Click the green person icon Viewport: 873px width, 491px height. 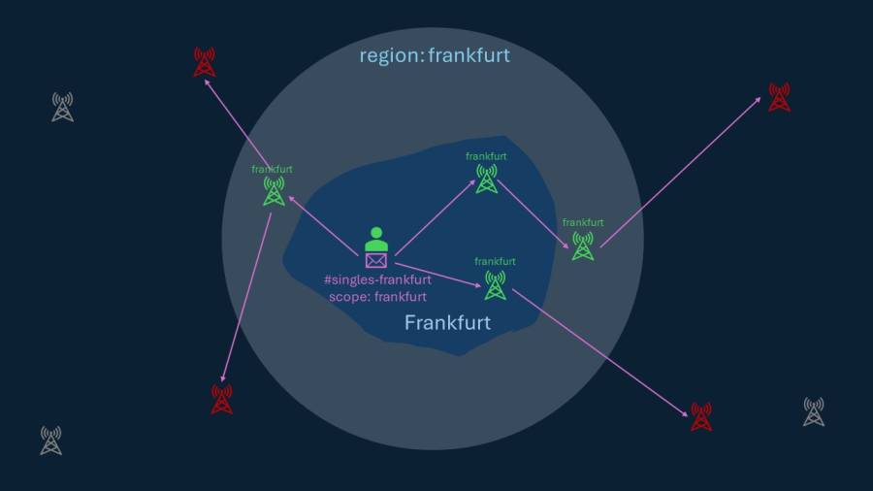pos(376,239)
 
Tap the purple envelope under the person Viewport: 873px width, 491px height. pos(376,260)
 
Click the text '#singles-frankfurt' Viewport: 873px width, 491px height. pos(377,280)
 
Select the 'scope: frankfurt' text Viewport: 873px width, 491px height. pos(377,297)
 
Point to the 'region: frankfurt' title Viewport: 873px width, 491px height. pos(435,55)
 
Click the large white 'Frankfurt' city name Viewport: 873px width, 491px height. pos(447,323)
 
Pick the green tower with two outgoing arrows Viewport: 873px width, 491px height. pos(275,191)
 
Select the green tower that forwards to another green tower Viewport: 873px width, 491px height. pos(487,179)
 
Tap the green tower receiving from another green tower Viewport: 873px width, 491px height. pos(582,245)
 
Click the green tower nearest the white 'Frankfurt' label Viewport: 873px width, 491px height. pos(495,285)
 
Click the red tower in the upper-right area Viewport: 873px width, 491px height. pos(779,97)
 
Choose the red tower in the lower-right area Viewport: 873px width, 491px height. pos(701,417)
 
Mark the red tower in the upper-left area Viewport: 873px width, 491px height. pos(204,63)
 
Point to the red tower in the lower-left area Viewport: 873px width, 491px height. pos(222,399)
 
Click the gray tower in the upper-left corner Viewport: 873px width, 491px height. pos(62,107)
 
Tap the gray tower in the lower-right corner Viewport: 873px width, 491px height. pos(814,411)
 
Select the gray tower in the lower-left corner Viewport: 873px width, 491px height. pos(51,441)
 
